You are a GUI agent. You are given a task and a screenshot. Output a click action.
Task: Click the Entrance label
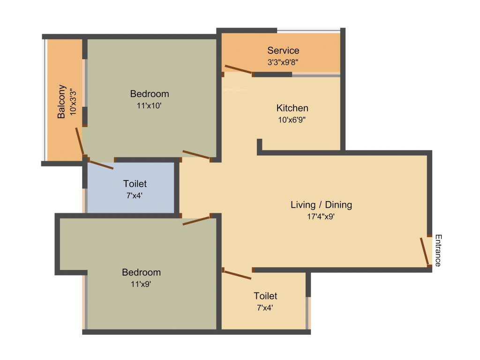click(438, 250)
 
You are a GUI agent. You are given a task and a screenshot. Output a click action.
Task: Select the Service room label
click(283, 50)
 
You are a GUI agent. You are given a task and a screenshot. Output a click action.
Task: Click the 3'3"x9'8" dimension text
click(283, 61)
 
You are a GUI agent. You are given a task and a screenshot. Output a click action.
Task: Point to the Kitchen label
click(292, 108)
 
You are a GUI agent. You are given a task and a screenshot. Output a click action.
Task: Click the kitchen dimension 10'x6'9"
click(292, 120)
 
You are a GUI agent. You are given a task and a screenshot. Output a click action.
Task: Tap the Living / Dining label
click(321, 205)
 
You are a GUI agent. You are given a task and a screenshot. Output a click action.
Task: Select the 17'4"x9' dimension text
click(321, 216)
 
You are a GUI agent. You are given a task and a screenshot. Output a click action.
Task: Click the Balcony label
click(61, 101)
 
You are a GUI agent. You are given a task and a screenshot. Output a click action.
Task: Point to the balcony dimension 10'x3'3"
click(73, 101)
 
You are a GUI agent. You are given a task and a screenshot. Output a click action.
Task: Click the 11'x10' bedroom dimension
click(150, 105)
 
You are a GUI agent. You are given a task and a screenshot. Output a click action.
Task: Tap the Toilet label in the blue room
click(135, 183)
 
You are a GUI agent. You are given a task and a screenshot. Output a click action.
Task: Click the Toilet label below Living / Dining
click(265, 296)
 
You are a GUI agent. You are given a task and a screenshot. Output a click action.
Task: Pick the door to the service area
click(239, 70)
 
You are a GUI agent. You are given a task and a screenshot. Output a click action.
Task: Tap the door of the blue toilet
click(101, 165)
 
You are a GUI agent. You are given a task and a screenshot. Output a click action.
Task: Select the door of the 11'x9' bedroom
click(196, 220)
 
